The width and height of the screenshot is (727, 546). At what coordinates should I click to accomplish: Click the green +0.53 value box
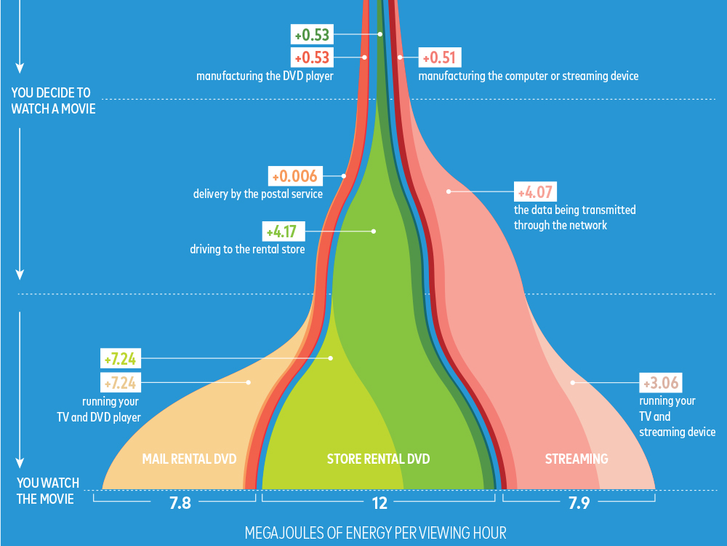click(x=310, y=33)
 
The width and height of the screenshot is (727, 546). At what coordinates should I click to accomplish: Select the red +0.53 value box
click(x=310, y=58)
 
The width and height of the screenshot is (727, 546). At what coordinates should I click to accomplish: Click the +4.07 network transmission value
click(x=535, y=192)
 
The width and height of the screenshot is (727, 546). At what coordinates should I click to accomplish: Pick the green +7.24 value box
click(x=121, y=358)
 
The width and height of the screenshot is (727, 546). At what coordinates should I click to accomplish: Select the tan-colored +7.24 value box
click(x=121, y=381)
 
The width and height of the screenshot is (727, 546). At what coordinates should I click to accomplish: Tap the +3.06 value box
click(x=660, y=382)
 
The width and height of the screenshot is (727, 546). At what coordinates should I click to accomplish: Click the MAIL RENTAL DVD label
click(x=189, y=459)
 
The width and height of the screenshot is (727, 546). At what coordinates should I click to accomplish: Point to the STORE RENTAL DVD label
click(x=378, y=459)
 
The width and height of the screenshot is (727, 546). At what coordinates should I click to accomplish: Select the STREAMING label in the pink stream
click(x=577, y=459)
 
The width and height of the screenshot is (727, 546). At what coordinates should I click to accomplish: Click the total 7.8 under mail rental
click(x=180, y=503)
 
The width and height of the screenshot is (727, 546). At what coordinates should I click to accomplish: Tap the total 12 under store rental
click(x=379, y=503)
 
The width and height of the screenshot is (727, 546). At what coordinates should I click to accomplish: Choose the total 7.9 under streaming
click(x=579, y=503)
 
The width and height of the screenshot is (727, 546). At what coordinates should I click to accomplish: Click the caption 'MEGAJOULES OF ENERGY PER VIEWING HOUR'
click(x=376, y=532)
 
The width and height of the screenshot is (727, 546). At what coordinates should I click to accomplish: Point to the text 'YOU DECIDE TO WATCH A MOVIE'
click(x=52, y=100)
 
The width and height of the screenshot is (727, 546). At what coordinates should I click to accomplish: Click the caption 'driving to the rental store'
click(x=247, y=250)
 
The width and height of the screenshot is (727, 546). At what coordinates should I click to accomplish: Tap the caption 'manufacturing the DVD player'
click(x=265, y=75)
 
